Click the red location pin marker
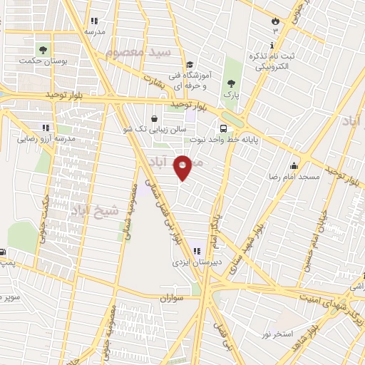183,168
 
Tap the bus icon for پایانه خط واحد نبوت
224,129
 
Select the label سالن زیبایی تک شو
154,130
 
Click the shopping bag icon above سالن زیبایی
154,118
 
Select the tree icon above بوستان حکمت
43,50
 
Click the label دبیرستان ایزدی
192,262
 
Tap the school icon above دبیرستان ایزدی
195,250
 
